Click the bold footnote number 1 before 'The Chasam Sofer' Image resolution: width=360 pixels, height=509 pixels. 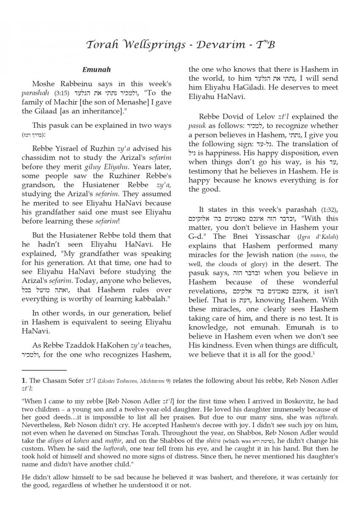point(24,380)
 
